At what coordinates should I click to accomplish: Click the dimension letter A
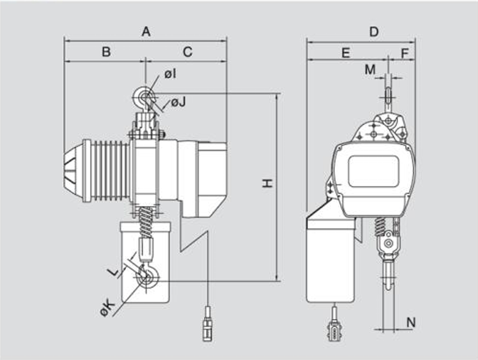(x=146, y=32)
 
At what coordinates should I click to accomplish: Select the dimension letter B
(x=106, y=52)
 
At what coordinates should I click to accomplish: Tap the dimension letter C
(x=187, y=52)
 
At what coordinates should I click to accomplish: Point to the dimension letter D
(x=374, y=32)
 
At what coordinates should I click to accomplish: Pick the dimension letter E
(x=346, y=53)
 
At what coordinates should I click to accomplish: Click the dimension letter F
(x=405, y=53)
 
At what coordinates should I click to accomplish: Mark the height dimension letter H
(x=267, y=183)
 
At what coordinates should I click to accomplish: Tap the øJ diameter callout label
(x=178, y=103)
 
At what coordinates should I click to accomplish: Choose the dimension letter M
(x=370, y=69)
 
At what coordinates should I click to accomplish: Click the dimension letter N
(x=411, y=322)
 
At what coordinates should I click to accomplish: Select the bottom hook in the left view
(x=147, y=276)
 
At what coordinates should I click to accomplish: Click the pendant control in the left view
(x=208, y=324)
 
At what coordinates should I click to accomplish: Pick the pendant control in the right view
(x=335, y=330)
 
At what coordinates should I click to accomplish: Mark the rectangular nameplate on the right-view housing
(x=373, y=171)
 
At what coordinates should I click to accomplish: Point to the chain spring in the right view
(x=379, y=227)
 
